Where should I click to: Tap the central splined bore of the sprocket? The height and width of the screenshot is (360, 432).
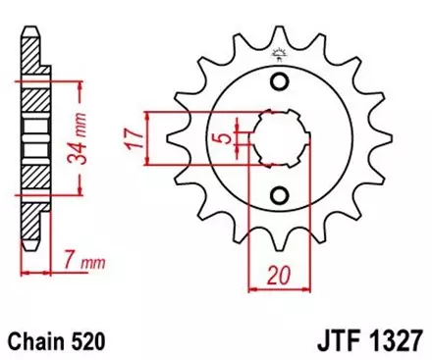click(x=279, y=136)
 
